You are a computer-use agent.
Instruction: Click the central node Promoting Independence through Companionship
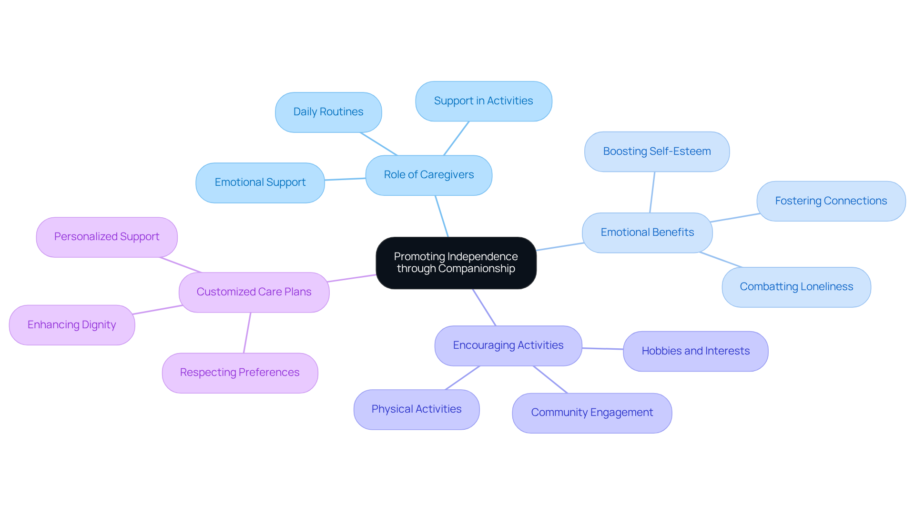click(456, 263)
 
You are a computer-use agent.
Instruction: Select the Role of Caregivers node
click(428, 175)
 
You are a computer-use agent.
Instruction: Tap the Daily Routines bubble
click(328, 112)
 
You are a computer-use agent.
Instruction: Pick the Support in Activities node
click(483, 101)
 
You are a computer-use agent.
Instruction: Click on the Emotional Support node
click(260, 182)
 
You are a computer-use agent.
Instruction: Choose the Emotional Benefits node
click(647, 233)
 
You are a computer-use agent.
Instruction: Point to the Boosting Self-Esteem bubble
click(657, 152)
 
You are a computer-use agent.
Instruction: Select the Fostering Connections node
click(831, 201)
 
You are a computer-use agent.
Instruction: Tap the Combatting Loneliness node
click(796, 287)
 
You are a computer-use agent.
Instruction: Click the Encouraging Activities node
click(508, 345)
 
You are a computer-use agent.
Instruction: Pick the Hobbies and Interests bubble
click(695, 351)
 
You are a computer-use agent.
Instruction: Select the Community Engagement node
click(592, 413)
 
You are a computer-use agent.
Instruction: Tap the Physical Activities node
click(417, 409)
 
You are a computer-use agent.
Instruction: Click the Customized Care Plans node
click(254, 292)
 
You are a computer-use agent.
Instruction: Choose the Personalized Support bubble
click(107, 237)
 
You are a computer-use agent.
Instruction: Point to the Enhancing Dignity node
click(72, 325)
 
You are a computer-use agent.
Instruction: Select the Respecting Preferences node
click(240, 373)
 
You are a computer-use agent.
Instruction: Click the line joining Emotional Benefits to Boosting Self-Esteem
click(652, 192)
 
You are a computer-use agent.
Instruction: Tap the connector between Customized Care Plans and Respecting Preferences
click(247, 333)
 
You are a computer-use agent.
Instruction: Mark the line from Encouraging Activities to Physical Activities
click(462, 378)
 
